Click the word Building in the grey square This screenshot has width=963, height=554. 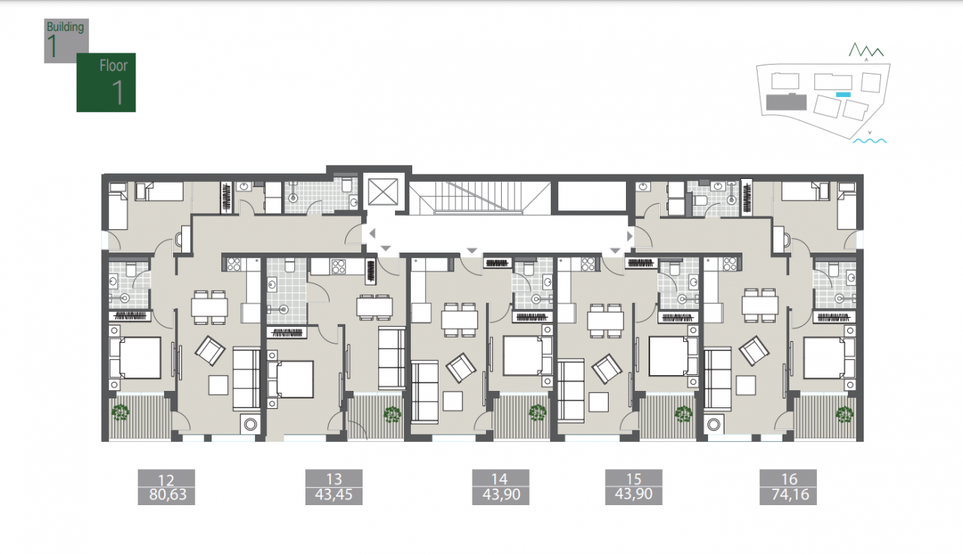pos(65,27)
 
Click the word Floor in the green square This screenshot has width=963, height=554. pos(114,65)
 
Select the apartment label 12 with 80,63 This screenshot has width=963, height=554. pos(166,487)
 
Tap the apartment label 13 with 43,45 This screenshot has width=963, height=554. pos(334,487)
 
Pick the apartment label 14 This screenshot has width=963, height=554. pos(501,487)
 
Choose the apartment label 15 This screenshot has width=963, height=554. pos(633,487)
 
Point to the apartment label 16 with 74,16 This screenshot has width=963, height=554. pos(788,487)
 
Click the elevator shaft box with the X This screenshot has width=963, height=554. pos(383,192)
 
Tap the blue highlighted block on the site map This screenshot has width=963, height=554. pos(843,95)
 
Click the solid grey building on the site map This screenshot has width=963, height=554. pos(786,102)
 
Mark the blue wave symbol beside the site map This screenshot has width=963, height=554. pos(870,141)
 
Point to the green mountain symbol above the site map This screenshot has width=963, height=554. pos(866,50)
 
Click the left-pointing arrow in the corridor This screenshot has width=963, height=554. pos(372,234)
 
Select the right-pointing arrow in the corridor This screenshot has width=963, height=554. pos(630,236)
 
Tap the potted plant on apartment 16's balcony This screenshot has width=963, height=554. pos(844,414)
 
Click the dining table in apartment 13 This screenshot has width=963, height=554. pos(375,307)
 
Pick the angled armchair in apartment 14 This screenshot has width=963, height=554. pos(461,368)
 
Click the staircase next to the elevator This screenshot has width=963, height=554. pos(479,198)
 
